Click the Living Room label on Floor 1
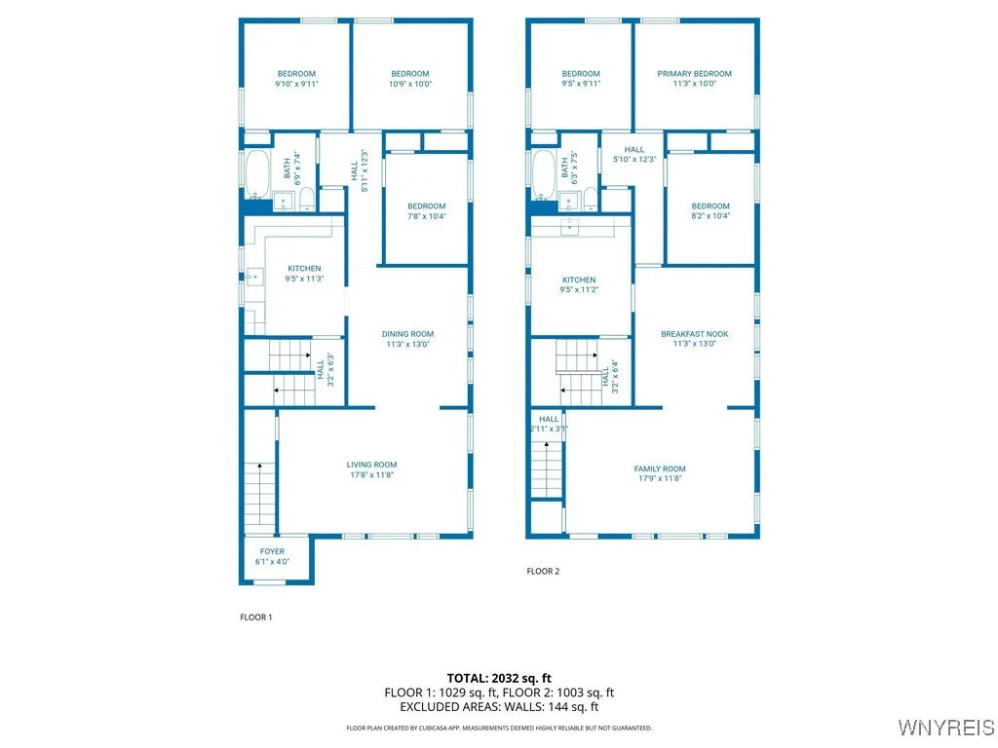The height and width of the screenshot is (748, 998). pos(371,465)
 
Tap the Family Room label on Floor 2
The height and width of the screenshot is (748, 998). pos(660,468)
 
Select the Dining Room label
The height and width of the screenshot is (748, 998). pos(407,334)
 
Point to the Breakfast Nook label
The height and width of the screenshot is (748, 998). pos(694,334)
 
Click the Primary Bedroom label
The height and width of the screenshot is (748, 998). pos(694,74)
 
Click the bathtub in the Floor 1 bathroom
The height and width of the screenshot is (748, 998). pos(257,172)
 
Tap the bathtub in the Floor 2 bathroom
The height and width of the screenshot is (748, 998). pos(544,172)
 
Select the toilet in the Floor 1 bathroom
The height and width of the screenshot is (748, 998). pos(306,201)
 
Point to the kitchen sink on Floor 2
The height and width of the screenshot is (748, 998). pos(569,227)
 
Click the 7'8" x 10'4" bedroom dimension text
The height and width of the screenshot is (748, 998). pos(426,216)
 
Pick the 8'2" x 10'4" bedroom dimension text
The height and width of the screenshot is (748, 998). pos(710,216)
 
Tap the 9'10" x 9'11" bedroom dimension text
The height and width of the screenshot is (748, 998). pos(296,85)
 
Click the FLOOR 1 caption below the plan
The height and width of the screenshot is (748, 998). pos(256,617)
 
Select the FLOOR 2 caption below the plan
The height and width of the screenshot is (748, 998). pos(543,572)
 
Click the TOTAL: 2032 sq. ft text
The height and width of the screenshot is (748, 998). pos(499,678)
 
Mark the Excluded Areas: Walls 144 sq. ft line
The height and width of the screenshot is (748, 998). pos(499,707)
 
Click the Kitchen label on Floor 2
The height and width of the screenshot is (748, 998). pos(578,280)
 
